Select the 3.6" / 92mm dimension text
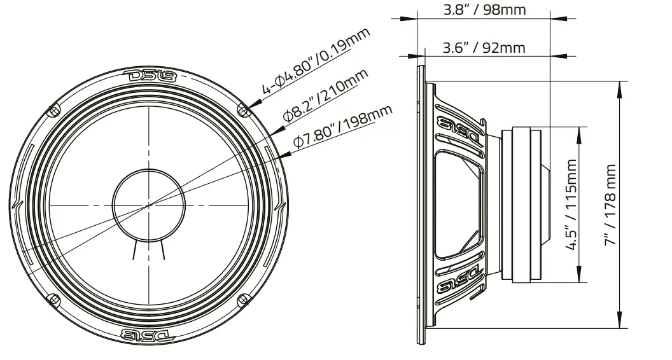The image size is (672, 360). pos(484,47)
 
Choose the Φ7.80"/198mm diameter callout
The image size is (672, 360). pos(342,127)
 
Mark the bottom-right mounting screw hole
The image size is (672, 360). pos(242,299)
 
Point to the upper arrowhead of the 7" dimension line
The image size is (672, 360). pos(619,85)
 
